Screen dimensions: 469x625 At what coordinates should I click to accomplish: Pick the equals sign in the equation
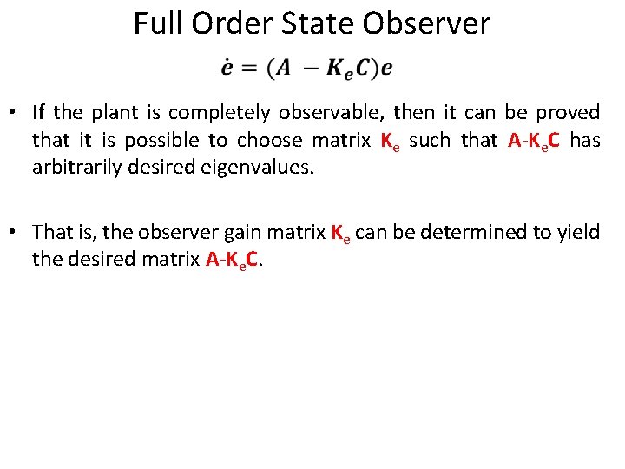tap(250, 69)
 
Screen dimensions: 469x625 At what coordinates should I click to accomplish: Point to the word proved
tap(568, 113)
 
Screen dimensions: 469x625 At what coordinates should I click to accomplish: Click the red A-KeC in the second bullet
tap(234, 260)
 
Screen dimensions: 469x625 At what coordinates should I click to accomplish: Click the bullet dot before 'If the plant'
tap(15, 114)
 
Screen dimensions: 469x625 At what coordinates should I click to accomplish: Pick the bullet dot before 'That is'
tap(15, 234)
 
